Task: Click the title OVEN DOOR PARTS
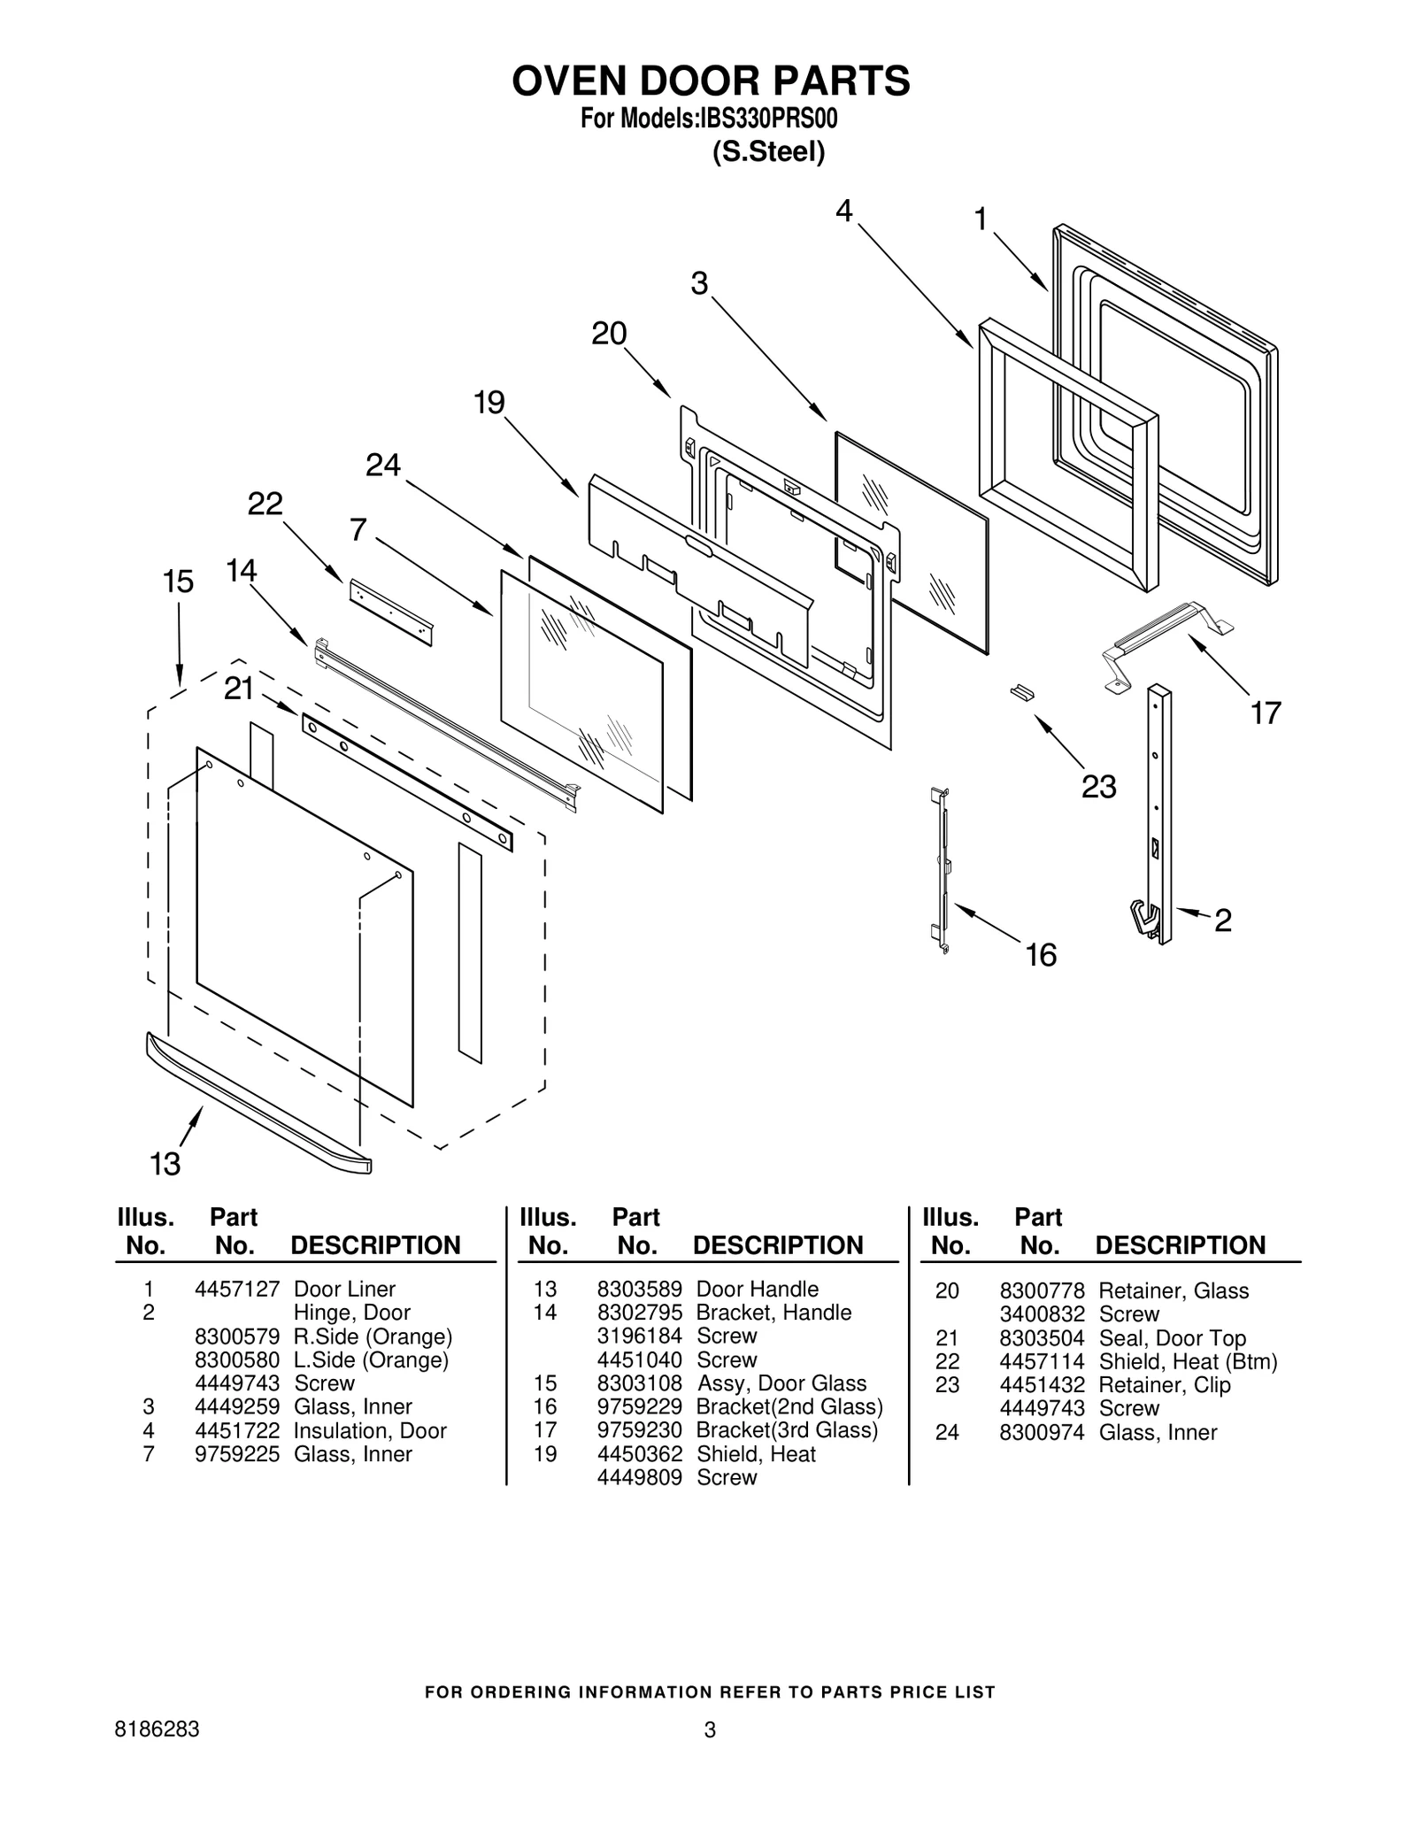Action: [x=711, y=81]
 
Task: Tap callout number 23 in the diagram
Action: [x=1098, y=786]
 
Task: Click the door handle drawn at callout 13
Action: [x=257, y=1107]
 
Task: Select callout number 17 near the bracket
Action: [x=1266, y=712]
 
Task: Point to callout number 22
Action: [x=265, y=504]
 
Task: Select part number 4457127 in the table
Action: [x=236, y=1290]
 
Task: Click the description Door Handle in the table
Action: [x=757, y=1290]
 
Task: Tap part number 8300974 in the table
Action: [x=1042, y=1432]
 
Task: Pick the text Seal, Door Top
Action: [x=1172, y=1338]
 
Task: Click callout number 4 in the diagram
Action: [x=843, y=211]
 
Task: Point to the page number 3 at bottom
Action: [x=710, y=1730]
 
